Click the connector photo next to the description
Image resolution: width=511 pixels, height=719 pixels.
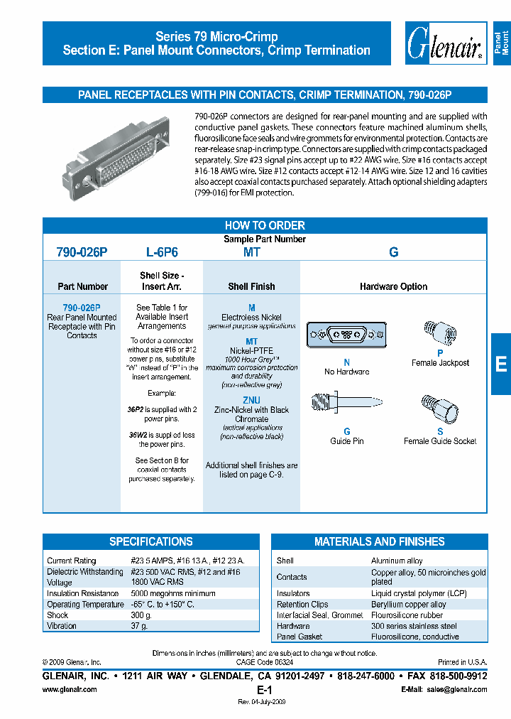[x=114, y=153]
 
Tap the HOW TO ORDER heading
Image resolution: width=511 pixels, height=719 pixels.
[x=265, y=225]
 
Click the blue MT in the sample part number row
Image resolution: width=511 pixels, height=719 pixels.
[x=251, y=252]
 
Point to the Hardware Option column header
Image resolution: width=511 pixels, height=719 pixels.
[x=393, y=286]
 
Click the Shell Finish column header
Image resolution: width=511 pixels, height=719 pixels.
[x=251, y=286]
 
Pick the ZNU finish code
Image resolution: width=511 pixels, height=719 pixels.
[x=251, y=400]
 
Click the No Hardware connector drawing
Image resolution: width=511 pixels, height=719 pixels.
[x=346, y=335]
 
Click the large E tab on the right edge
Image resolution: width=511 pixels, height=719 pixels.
[x=500, y=364]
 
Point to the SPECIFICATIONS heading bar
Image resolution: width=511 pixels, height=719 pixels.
[x=150, y=541]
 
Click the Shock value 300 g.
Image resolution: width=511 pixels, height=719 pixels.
[x=141, y=615]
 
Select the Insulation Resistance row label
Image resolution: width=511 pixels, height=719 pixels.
[x=82, y=593]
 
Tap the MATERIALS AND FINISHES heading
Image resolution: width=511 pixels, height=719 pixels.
[x=379, y=541]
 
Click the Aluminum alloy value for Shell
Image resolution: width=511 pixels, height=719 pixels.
[x=397, y=561]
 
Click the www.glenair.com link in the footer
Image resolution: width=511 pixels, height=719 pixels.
[x=70, y=690]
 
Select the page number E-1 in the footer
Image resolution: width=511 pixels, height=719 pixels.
[x=264, y=690]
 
